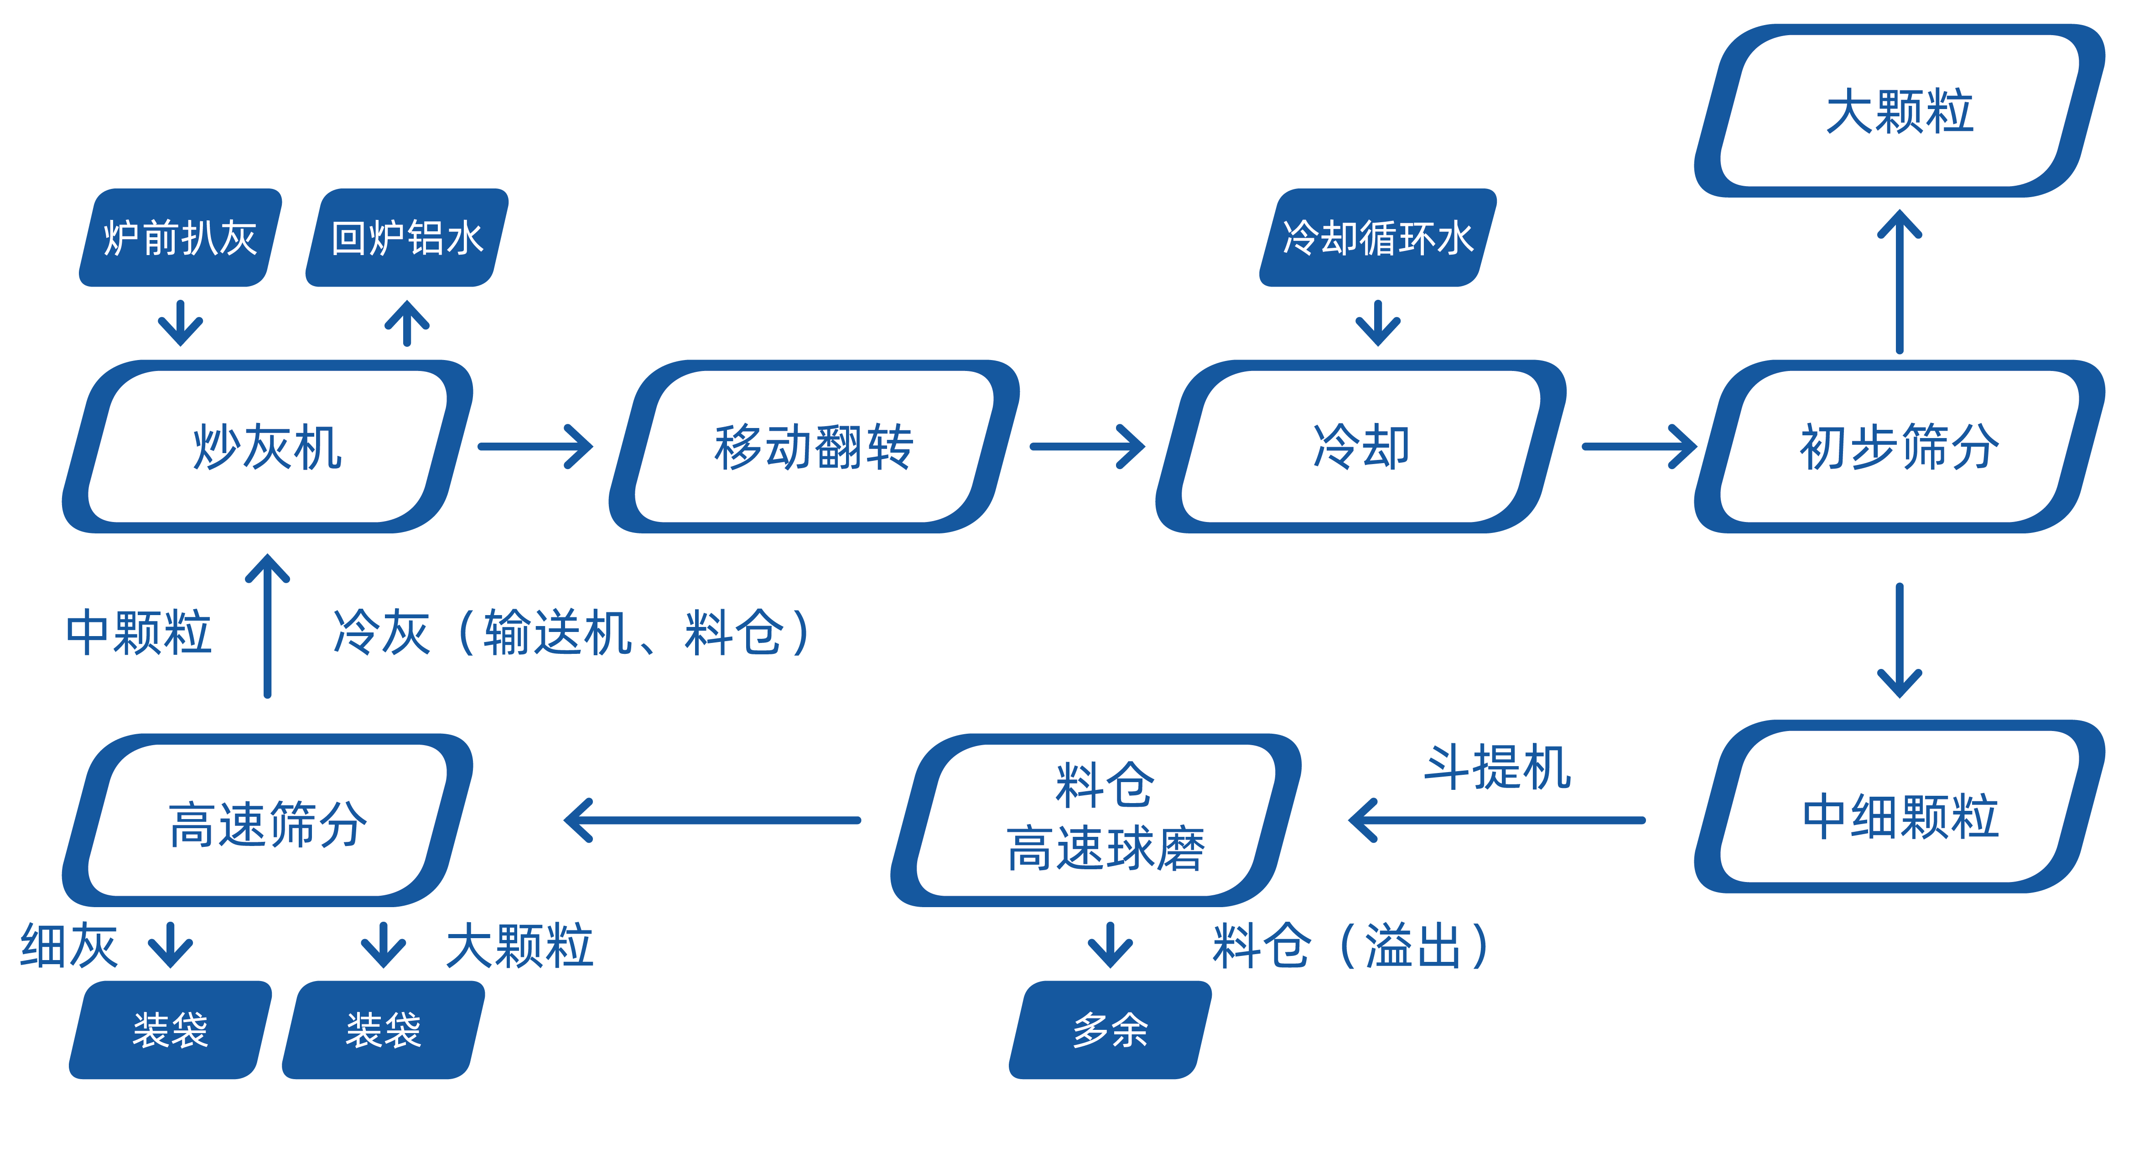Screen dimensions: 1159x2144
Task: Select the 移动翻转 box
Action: tap(814, 447)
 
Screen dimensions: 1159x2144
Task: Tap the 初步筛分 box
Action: tap(1899, 447)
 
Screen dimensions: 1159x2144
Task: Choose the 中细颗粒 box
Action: tap(1899, 816)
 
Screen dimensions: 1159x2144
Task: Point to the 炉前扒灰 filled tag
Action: tap(180, 238)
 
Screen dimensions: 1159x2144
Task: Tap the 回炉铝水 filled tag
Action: tap(407, 238)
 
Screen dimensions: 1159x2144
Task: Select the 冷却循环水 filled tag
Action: tap(1377, 238)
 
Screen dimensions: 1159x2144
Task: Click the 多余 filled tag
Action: tap(1110, 1030)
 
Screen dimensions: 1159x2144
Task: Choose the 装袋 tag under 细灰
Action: tap(171, 1030)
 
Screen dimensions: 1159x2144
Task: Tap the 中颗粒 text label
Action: tap(139, 633)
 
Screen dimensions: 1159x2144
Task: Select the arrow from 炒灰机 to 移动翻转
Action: tap(535, 447)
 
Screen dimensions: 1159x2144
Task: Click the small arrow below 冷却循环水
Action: tap(1377, 323)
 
